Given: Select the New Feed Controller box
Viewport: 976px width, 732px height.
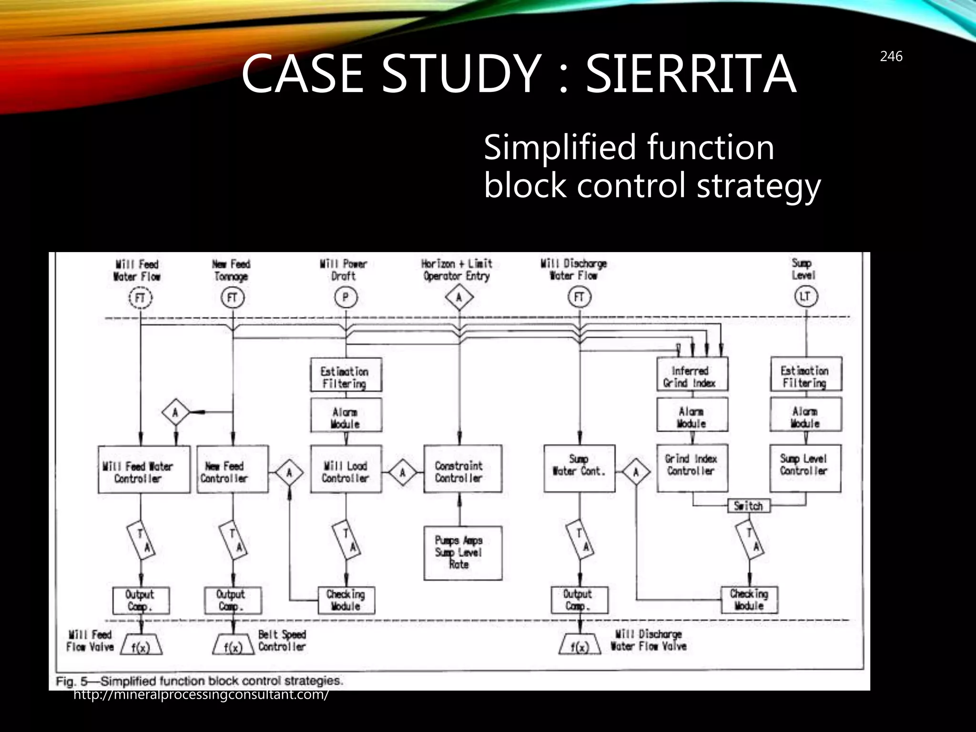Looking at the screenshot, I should [x=233, y=469].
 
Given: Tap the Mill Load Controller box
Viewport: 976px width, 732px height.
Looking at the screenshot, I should [x=346, y=469].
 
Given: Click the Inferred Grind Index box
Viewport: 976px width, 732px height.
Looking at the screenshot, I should [x=692, y=374].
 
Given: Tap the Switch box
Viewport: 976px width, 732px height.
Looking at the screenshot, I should [x=748, y=506].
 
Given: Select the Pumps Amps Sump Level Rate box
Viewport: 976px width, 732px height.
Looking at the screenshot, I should [x=462, y=553].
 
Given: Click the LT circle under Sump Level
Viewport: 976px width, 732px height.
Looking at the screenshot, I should [x=805, y=296].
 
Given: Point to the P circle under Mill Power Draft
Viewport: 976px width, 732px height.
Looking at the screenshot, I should [x=346, y=298].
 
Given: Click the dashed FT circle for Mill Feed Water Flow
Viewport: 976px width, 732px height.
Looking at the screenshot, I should [x=141, y=298].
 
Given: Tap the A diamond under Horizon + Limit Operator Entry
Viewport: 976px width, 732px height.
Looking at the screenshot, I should [x=459, y=298].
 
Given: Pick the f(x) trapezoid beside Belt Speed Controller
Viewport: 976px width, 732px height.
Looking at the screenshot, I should [x=233, y=645].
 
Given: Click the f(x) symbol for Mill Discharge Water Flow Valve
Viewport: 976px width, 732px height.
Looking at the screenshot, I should [x=579, y=645].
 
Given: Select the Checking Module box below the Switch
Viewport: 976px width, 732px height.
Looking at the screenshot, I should [x=749, y=600].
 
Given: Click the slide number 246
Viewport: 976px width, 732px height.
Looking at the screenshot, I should [x=891, y=57].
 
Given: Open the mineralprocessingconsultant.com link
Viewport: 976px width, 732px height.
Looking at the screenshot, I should [x=201, y=695].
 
